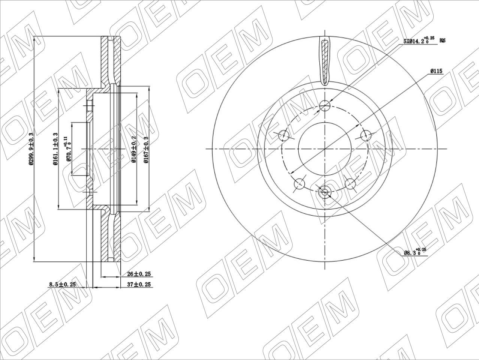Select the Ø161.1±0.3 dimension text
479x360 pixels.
[x=55, y=149]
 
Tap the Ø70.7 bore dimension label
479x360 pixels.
[x=69, y=149]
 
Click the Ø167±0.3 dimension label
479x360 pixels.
[x=146, y=149]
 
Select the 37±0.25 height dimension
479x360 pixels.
[x=139, y=285]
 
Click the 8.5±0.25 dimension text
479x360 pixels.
[x=62, y=285]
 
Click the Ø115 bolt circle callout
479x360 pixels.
[x=437, y=71]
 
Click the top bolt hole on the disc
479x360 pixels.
[x=325, y=105]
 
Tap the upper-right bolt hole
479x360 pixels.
[x=365, y=135]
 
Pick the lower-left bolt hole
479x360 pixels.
[x=300, y=183]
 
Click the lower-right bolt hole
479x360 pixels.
[x=350, y=183]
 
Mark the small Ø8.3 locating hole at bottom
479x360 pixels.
[x=325, y=192]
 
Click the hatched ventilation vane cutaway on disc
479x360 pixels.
[x=325, y=60]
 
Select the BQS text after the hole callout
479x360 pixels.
[x=443, y=40]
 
